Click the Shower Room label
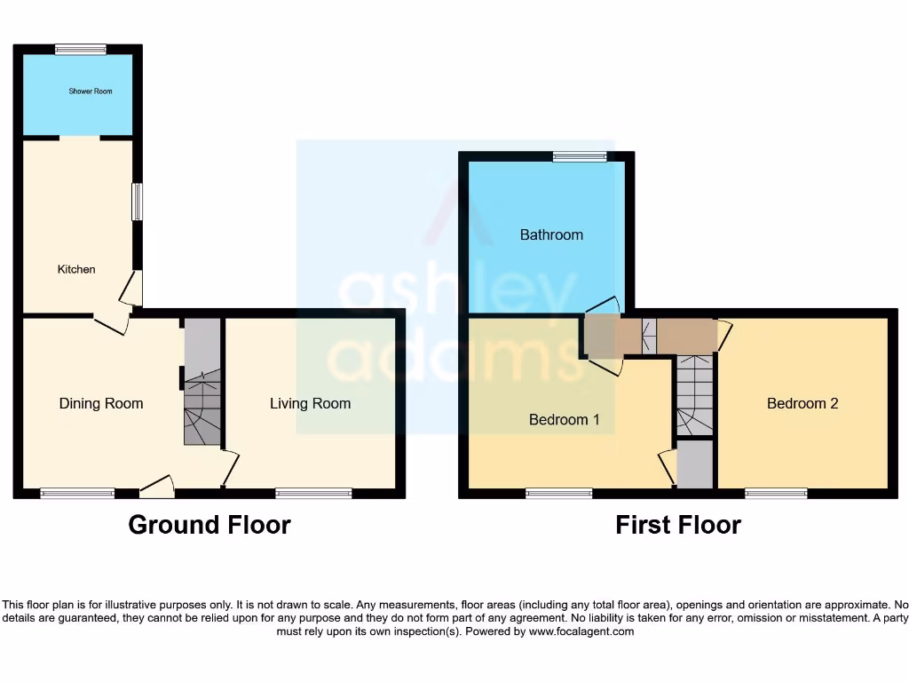tap(91, 91)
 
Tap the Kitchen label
tap(76, 269)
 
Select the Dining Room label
tap(101, 403)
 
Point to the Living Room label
tap(310, 403)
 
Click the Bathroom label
tap(551, 234)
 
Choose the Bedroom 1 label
tap(564, 419)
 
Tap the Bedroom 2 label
tap(802, 403)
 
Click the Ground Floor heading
tap(209, 525)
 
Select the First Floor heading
tap(678, 525)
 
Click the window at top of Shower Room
tap(80, 50)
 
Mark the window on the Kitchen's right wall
tap(137, 202)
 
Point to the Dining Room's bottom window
tap(77, 493)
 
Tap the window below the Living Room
tap(313, 493)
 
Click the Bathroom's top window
tap(580, 157)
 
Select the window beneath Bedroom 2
tap(776, 493)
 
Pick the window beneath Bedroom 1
tap(558, 493)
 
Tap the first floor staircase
tap(694, 395)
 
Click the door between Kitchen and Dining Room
tap(112, 325)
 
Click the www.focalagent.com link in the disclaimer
tap(581, 631)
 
